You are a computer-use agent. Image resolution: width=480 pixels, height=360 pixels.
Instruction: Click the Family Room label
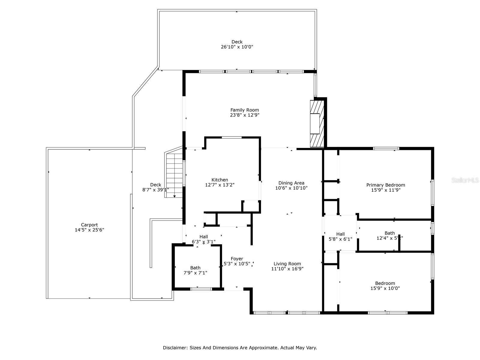(244, 110)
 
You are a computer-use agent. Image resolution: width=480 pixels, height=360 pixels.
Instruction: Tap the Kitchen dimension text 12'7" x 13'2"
(220, 185)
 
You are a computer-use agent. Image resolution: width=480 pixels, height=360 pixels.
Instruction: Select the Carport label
(89, 225)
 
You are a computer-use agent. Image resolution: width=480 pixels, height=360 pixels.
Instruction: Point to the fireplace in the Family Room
(317, 124)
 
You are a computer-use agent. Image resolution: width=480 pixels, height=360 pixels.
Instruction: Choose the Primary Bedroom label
(385, 185)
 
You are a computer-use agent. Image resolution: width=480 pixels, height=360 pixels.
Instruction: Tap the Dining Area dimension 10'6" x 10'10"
(291, 188)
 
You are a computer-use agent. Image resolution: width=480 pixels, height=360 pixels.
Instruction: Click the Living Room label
(287, 264)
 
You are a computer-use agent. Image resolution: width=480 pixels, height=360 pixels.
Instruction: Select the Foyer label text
(237, 259)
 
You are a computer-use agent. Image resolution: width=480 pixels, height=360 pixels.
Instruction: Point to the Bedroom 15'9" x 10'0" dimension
(385, 288)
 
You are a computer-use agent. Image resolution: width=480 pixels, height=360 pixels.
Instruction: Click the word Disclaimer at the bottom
(175, 348)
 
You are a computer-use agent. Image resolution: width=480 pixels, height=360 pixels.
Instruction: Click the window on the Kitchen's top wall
(232, 137)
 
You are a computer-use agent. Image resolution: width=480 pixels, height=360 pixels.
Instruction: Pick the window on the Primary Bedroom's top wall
(386, 148)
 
